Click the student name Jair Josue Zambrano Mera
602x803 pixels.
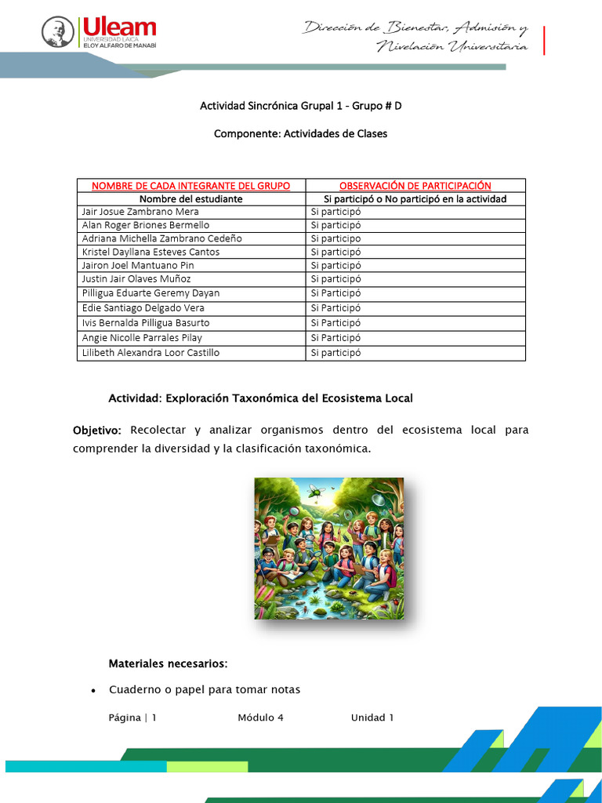point(140,212)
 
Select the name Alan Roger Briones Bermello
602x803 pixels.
point(146,225)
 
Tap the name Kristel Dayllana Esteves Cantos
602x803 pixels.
point(150,252)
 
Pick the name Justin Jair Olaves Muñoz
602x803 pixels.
point(136,278)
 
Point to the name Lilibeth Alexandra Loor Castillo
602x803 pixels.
point(150,353)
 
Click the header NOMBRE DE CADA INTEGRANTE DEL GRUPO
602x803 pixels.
point(191,186)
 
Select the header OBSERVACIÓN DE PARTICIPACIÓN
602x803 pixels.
point(415,186)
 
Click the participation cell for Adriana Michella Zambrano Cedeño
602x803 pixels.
point(335,238)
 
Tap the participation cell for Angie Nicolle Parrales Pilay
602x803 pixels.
point(335,338)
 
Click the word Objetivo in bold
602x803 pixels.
point(97,431)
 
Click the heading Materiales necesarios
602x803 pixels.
point(168,664)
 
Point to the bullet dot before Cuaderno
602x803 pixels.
point(93,691)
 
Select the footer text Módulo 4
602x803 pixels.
point(260,718)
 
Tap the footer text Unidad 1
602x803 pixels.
point(372,718)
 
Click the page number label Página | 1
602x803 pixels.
point(133,718)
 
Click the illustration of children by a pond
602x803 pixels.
point(329,548)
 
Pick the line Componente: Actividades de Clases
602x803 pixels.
point(301,134)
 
